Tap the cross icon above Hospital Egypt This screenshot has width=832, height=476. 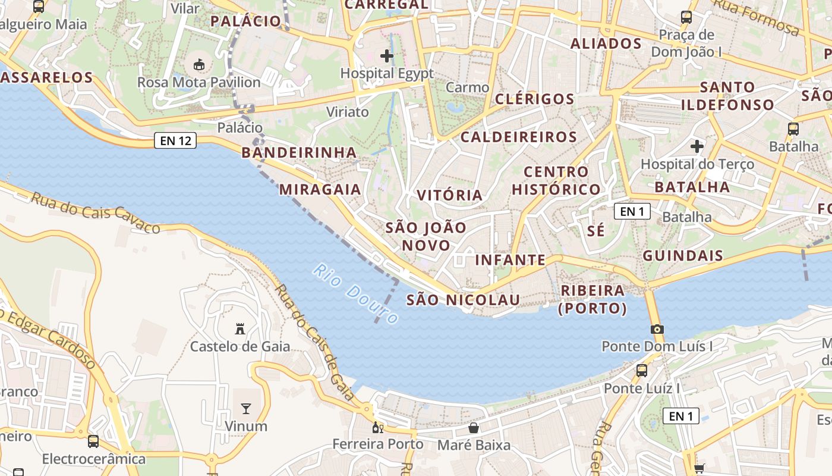[x=387, y=56]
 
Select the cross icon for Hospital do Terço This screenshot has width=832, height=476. [x=697, y=146]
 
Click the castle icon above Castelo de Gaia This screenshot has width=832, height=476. [x=240, y=328]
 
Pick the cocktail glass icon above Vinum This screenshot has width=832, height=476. [x=245, y=408]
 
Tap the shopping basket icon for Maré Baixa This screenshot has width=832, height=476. [x=474, y=427]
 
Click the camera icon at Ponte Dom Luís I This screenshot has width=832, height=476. [x=657, y=329]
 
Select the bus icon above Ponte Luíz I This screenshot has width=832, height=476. [x=642, y=370]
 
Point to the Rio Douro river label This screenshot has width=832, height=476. [x=355, y=295]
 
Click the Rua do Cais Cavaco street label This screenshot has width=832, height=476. [x=95, y=212]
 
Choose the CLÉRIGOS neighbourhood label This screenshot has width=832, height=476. [x=535, y=99]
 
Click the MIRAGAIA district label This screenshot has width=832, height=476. [x=320, y=189]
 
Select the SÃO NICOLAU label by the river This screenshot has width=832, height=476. [x=463, y=300]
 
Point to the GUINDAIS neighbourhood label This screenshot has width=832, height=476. [x=683, y=256]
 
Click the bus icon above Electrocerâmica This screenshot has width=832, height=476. [x=93, y=441]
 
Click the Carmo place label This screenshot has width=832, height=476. [x=467, y=87]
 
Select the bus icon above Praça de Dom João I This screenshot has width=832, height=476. [x=686, y=17]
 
